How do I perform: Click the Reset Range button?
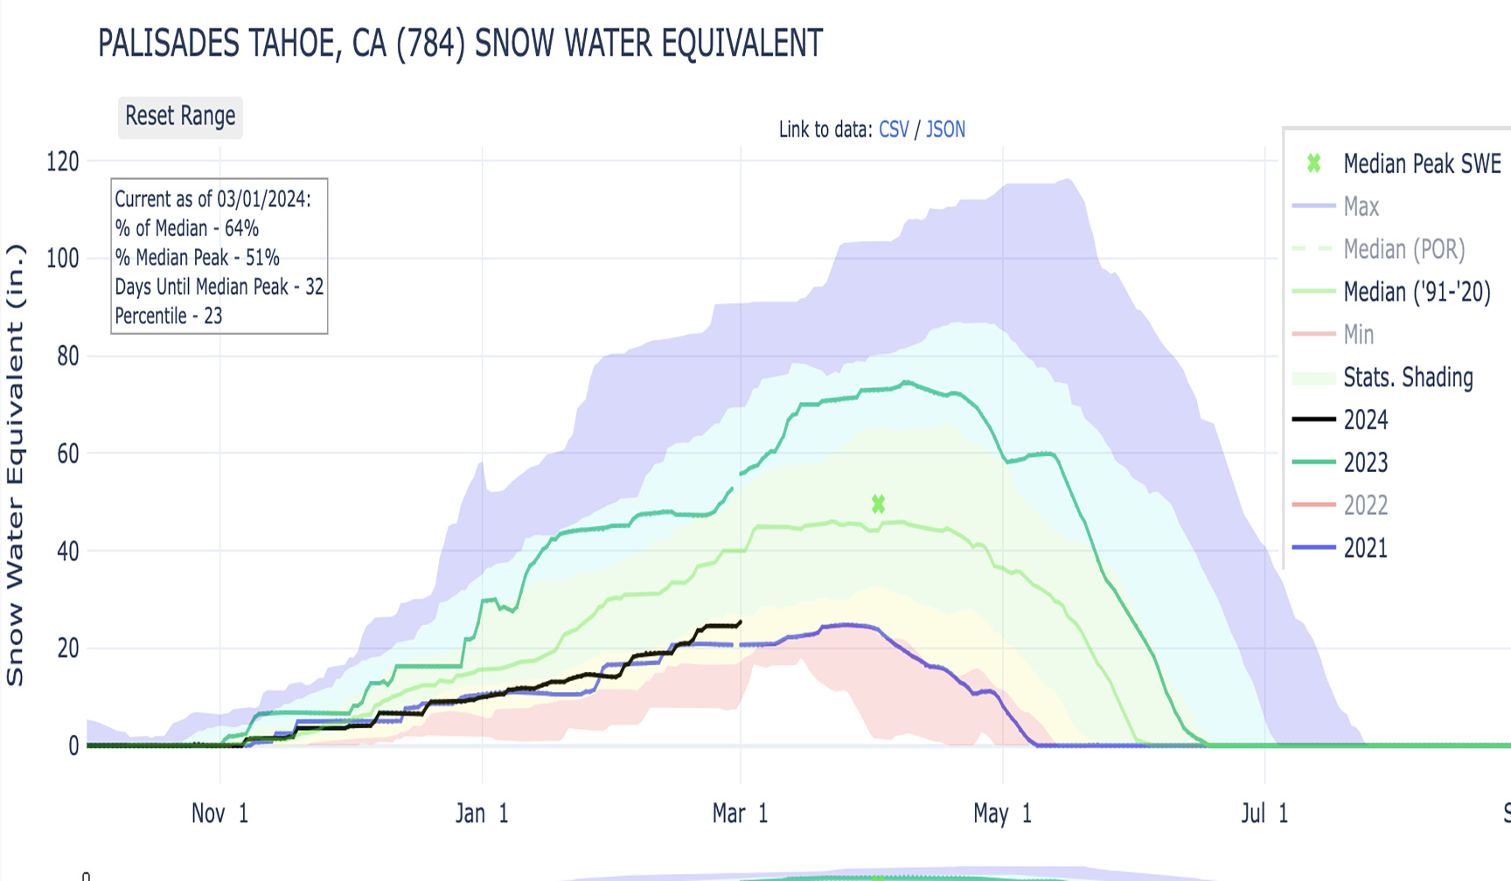(x=180, y=116)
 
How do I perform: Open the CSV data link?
(x=894, y=129)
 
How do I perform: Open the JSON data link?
(x=945, y=129)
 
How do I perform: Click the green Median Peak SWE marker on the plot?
(x=878, y=504)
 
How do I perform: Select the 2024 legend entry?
(x=1365, y=420)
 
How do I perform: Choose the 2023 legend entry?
(x=1365, y=462)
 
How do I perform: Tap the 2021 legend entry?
(x=1365, y=548)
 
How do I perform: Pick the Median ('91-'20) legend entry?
(x=1416, y=291)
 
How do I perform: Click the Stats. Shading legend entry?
(x=1408, y=377)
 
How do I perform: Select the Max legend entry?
(x=1361, y=206)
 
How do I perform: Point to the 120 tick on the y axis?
(x=63, y=162)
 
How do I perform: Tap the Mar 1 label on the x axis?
(x=740, y=814)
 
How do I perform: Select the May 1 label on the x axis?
(x=1002, y=814)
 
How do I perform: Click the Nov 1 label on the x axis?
(x=219, y=814)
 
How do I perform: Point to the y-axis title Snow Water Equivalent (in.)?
(x=15, y=464)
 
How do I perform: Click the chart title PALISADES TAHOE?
(x=460, y=43)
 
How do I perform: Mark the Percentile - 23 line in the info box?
(x=169, y=316)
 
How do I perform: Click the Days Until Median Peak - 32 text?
(x=219, y=287)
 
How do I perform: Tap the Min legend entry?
(x=1358, y=334)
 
